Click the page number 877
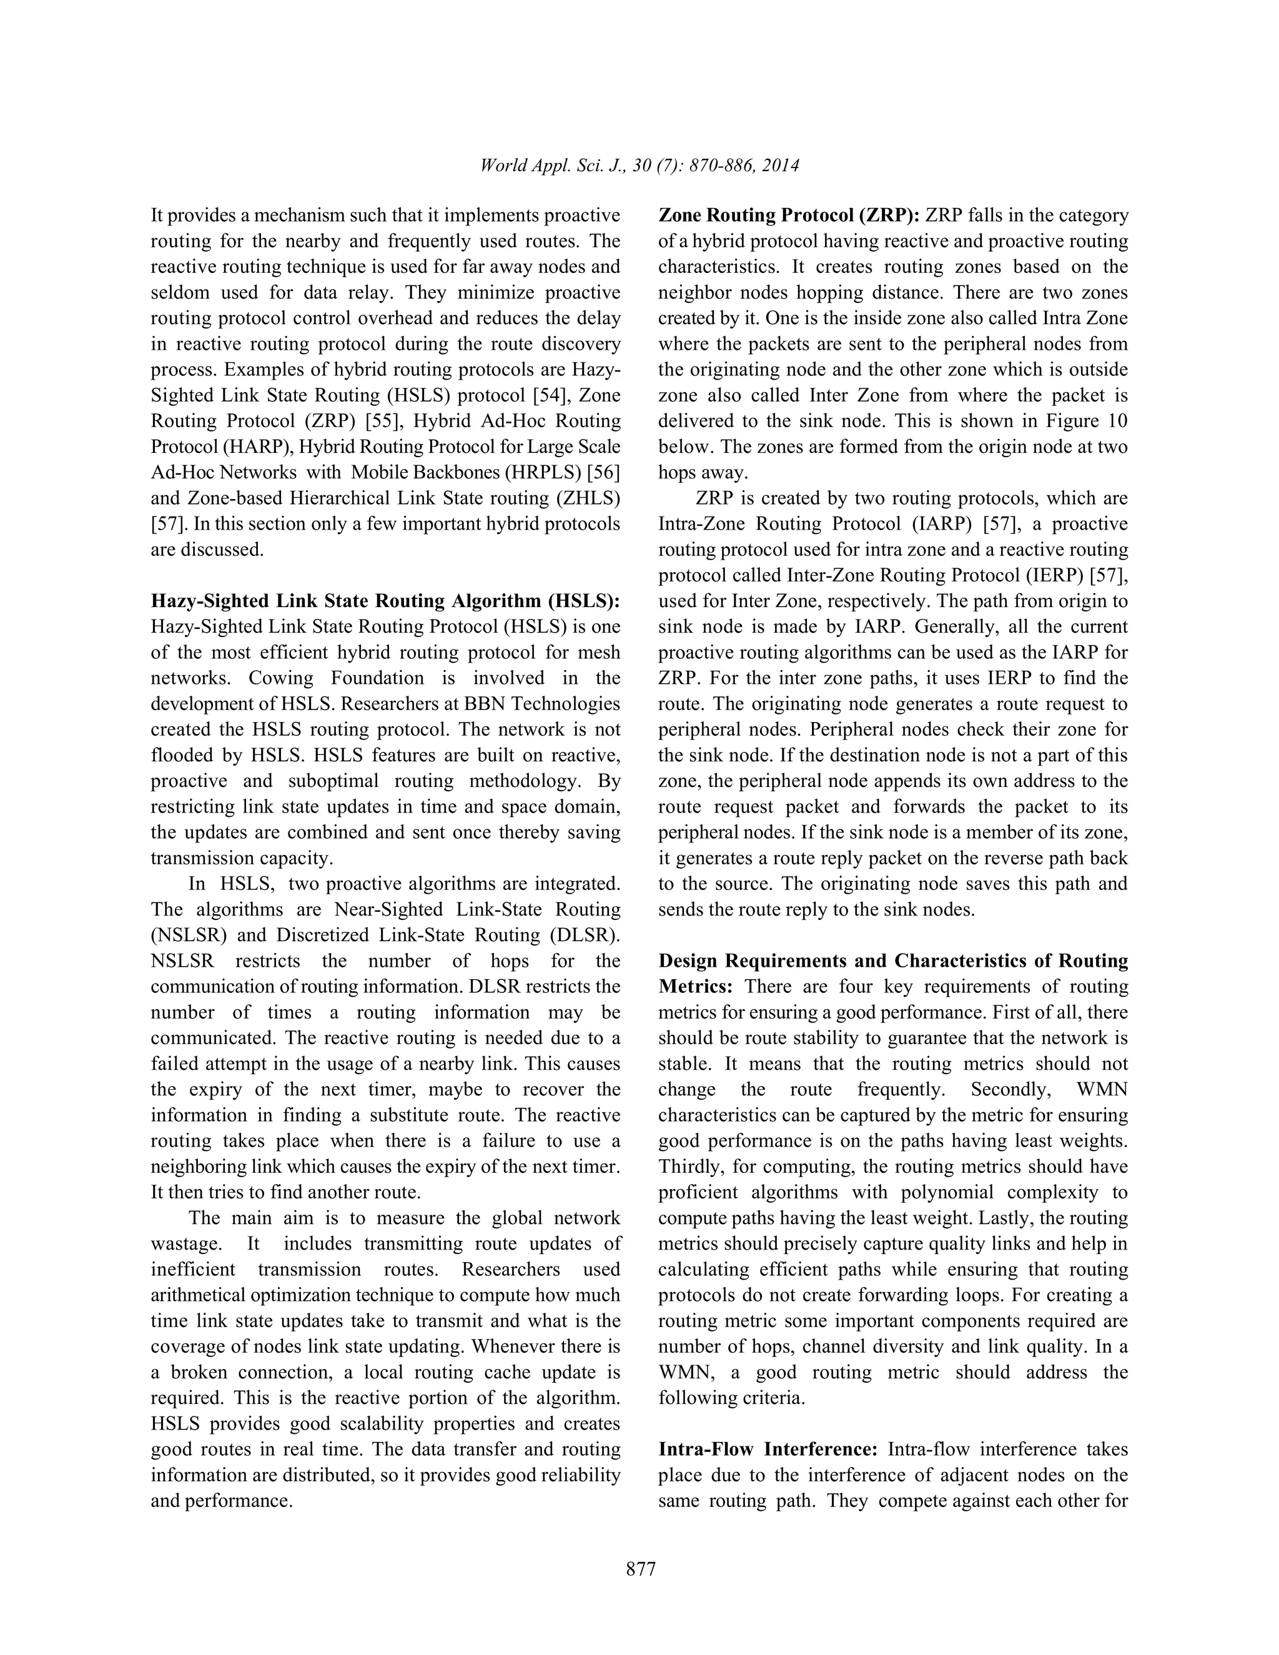coord(640,1569)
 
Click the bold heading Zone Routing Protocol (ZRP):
coord(789,216)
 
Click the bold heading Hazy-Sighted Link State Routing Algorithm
coord(385,601)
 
